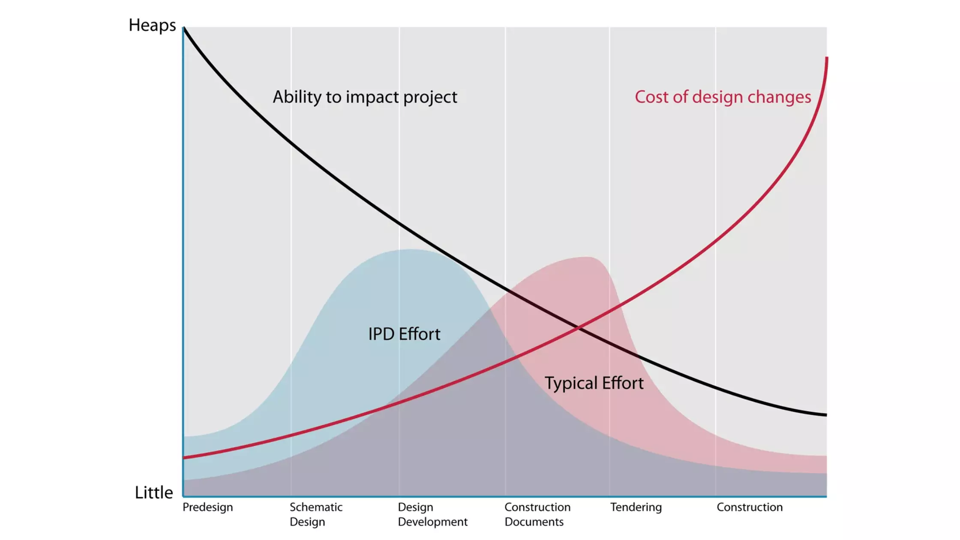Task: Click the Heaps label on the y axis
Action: pos(152,26)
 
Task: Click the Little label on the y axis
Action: pos(154,492)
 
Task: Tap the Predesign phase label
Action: pos(208,507)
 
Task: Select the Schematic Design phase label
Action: pos(316,514)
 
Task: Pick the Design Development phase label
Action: pos(432,514)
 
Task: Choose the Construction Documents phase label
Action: pos(537,514)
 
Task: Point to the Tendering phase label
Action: pos(636,507)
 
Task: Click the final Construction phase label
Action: pos(750,507)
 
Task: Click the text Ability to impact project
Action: pos(365,97)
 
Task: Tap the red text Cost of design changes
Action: pos(723,97)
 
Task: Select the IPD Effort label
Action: pos(404,334)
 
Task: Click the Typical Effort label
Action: pos(594,383)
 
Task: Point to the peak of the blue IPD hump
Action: pos(411,250)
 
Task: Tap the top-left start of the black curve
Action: pos(184,28)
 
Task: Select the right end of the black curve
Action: pos(825,414)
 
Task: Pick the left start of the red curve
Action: pos(185,458)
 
